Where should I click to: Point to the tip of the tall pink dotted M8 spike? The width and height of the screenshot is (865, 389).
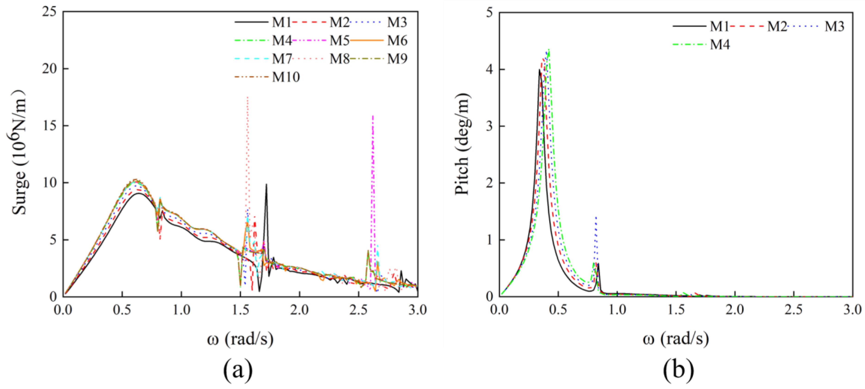tap(247, 97)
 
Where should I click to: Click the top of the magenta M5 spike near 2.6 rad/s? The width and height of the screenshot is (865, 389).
tap(373, 116)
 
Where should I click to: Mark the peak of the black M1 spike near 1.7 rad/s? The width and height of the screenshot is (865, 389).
tap(266, 184)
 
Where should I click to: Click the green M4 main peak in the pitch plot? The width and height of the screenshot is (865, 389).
tap(549, 49)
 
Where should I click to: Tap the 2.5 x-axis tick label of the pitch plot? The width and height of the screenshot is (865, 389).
tap(794, 310)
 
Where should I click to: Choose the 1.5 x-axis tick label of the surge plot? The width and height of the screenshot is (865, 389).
tap(240, 310)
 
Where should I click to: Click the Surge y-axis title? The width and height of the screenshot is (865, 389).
tap(19, 153)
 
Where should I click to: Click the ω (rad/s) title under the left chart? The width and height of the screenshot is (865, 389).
tap(241, 339)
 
